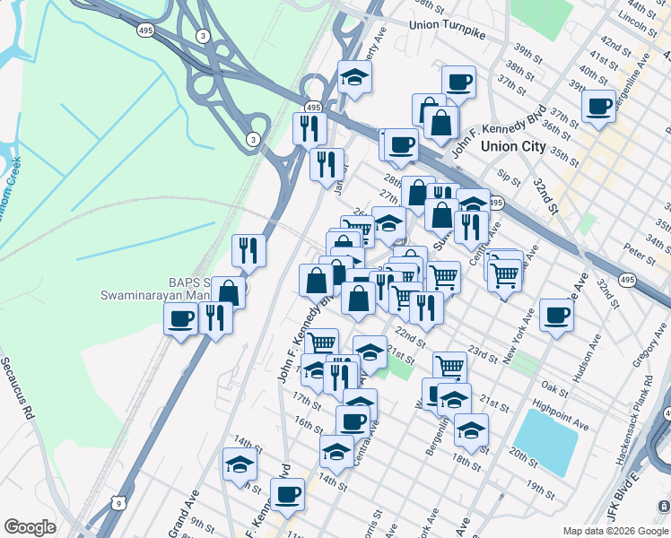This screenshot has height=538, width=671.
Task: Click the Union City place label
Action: point(513,146)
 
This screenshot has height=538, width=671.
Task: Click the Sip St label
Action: point(509,174)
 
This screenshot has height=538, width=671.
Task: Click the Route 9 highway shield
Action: point(118,504)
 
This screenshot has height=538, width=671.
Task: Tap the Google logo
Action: point(30,526)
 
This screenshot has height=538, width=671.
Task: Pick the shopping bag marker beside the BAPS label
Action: point(229,291)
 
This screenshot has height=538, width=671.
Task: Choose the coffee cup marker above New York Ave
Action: point(557,315)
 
